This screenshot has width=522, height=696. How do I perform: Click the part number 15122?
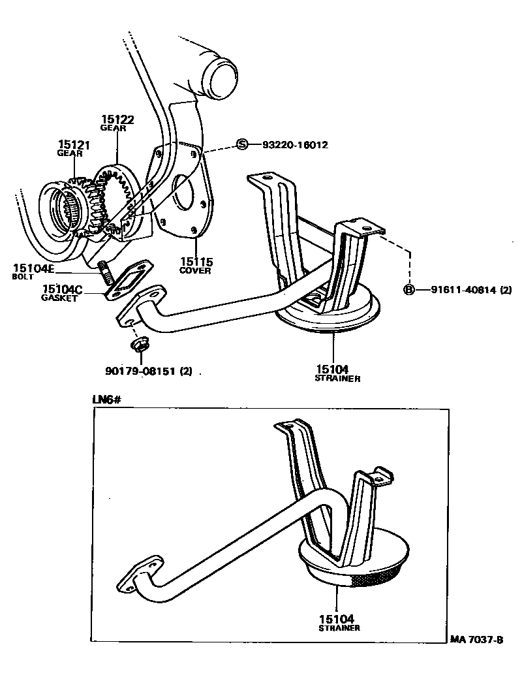(x=117, y=119)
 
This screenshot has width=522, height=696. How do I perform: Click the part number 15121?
(x=74, y=145)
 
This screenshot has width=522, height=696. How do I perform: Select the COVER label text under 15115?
(x=196, y=271)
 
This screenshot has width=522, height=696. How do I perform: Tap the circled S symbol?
(x=242, y=144)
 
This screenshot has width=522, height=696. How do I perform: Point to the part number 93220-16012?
(x=295, y=145)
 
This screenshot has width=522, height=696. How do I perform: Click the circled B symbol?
(x=409, y=290)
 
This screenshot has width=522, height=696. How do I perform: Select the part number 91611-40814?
(x=463, y=290)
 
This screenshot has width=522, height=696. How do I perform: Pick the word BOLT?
(x=23, y=277)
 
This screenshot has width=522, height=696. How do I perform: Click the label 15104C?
(x=62, y=289)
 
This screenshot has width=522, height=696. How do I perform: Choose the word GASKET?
(x=59, y=298)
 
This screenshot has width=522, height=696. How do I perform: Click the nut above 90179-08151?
(x=138, y=343)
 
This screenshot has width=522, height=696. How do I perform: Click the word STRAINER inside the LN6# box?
(x=339, y=628)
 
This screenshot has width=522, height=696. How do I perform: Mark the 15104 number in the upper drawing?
(x=333, y=370)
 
